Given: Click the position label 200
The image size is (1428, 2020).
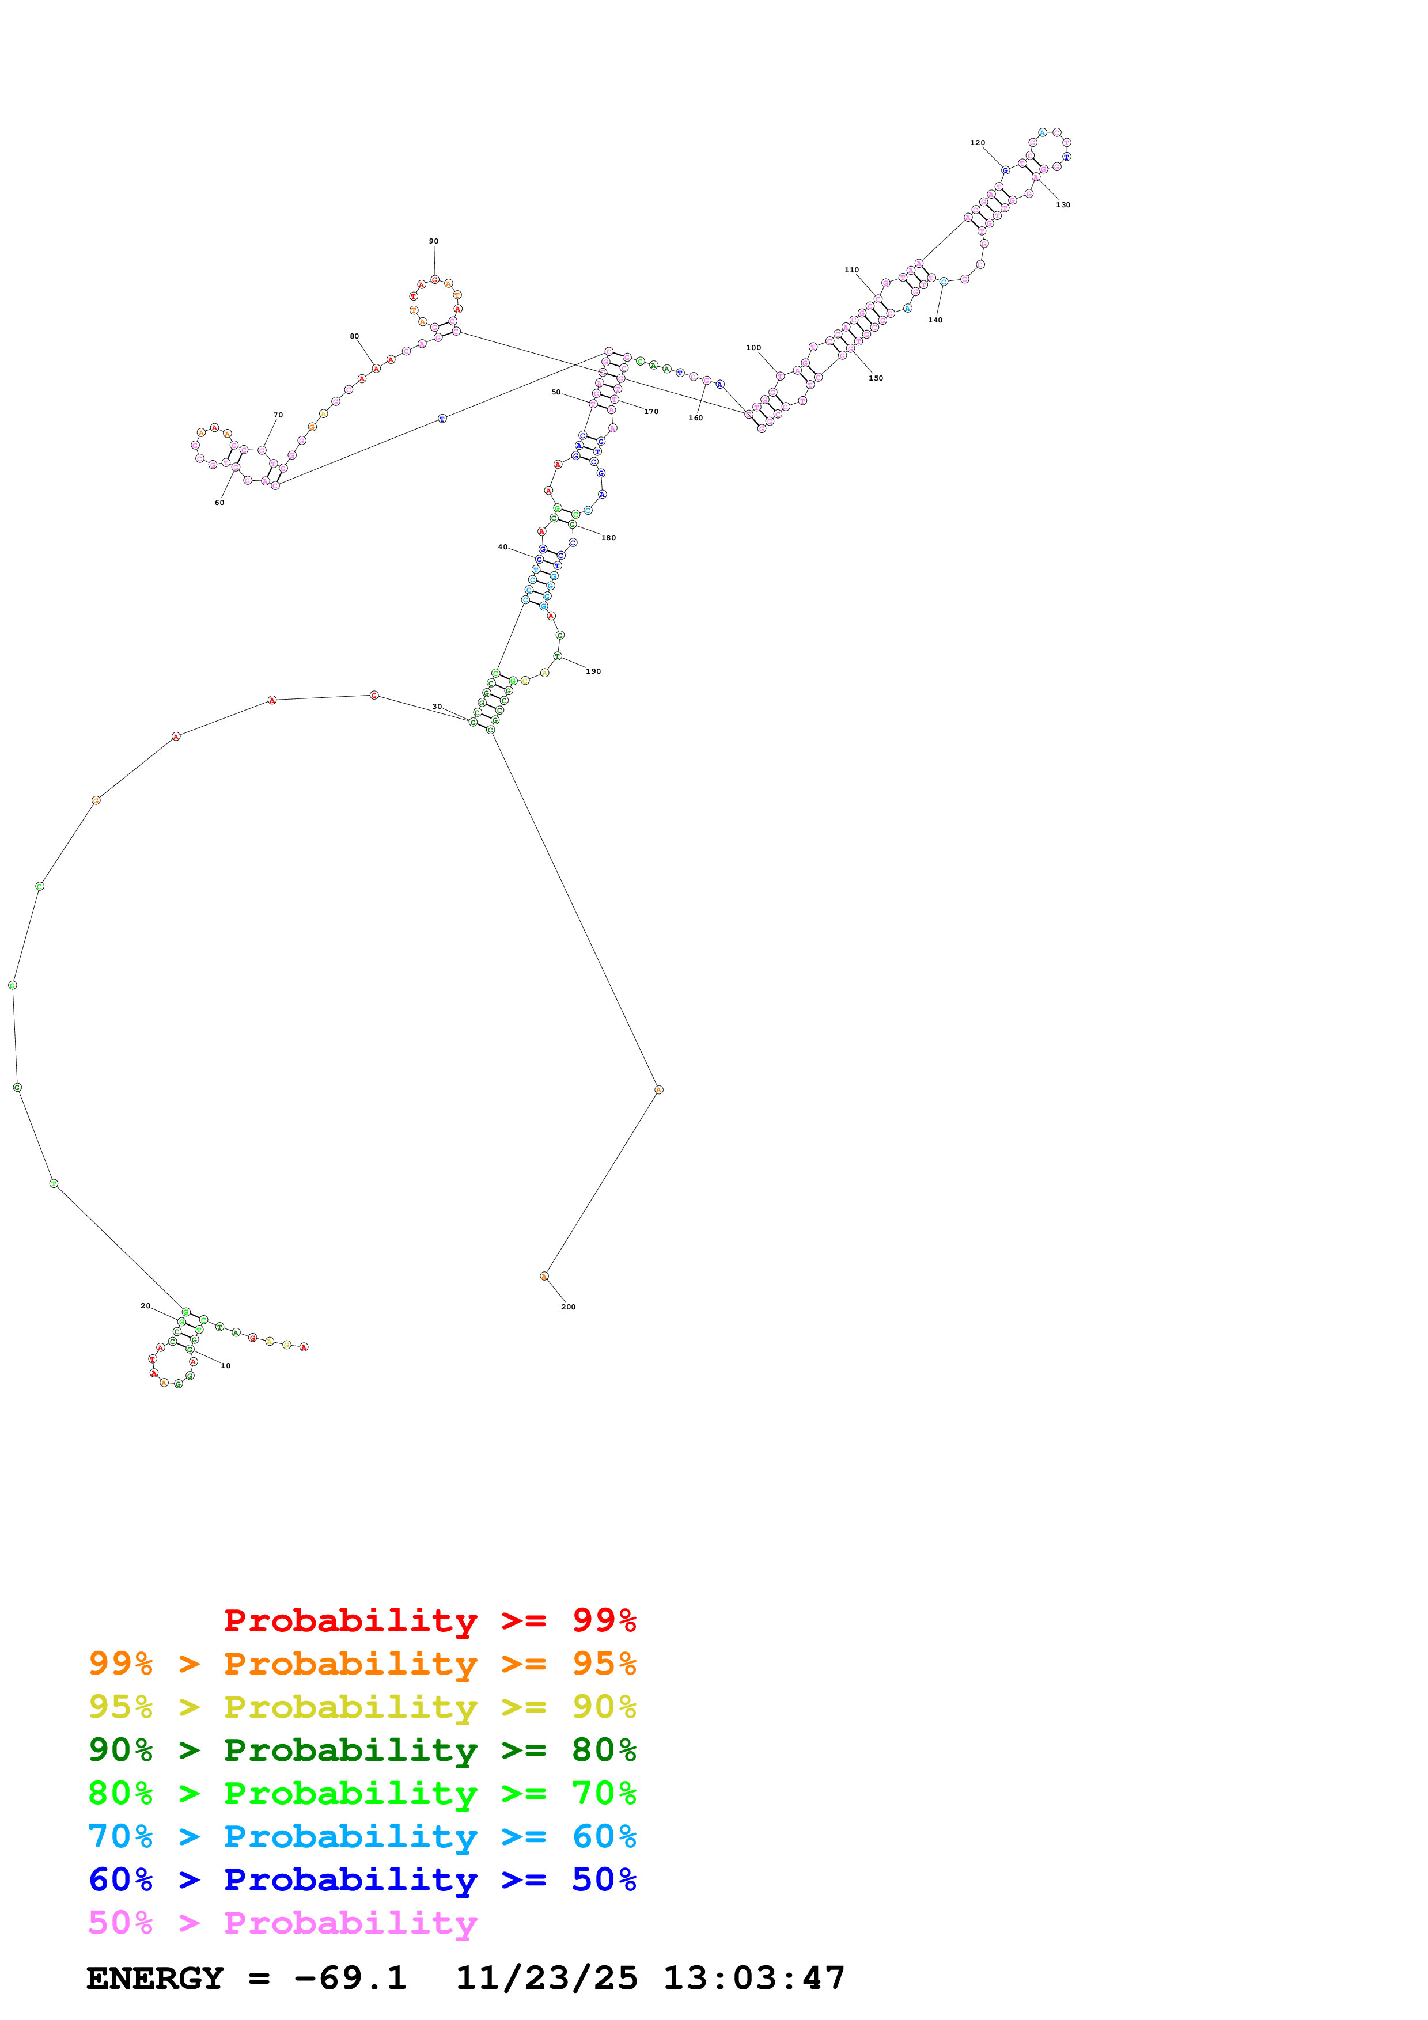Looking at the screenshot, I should [569, 1307].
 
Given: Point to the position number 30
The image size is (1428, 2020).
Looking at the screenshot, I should [437, 707].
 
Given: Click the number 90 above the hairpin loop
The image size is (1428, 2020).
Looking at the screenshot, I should [434, 241].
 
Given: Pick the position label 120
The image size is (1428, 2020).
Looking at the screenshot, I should [978, 143].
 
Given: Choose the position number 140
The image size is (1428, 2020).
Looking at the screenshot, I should [935, 320].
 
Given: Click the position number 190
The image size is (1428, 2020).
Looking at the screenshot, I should [594, 671].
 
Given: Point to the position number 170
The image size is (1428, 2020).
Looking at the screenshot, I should [651, 412].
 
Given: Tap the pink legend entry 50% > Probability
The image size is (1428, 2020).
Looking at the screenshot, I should [282, 1923].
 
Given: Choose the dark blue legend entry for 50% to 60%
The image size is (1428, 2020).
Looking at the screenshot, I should [362, 1880].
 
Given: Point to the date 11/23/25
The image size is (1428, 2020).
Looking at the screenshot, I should [547, 1979].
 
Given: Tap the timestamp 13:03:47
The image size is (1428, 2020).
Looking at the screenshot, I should [754, 1979].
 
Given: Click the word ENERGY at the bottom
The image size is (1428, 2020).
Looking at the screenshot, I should [155, 1979].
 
